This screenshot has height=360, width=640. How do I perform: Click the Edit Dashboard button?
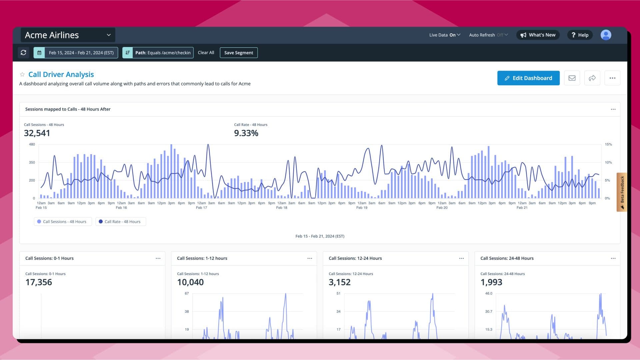click(x=528, y=78)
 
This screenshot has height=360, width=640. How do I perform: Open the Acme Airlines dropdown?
click(x=68, y=35)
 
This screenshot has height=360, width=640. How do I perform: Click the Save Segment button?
click(x=239, y=53)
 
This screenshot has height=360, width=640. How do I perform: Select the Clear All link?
click(x=206, y=53)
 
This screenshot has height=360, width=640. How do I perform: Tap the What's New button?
click(x=538, y=35)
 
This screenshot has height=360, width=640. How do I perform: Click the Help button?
click(x=580, y=35)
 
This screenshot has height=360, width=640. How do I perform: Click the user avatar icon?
click(x=606, y=35)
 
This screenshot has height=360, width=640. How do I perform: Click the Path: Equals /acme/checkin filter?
click(x=158, y=53)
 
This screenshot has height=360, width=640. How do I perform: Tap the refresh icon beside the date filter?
click(x=23, y=53)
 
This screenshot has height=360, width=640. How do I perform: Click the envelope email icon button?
click(x=572, y=78)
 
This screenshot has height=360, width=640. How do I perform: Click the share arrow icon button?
click(x=592, y=78)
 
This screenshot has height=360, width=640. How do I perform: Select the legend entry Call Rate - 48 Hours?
click(x=121, y=222)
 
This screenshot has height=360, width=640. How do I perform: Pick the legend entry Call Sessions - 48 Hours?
click(x=63, y=222)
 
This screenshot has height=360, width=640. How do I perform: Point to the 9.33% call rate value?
click(x=246, y=133)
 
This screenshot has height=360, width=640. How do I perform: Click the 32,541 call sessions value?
click(x=37, y=133)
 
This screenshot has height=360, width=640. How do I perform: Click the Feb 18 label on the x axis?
click(x=282, y=208)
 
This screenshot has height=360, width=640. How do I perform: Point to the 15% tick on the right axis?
click(x=608, y=145)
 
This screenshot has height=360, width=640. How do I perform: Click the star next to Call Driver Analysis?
click(x=22, y=75)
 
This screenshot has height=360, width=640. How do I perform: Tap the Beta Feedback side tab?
click(x=622, y=192)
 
